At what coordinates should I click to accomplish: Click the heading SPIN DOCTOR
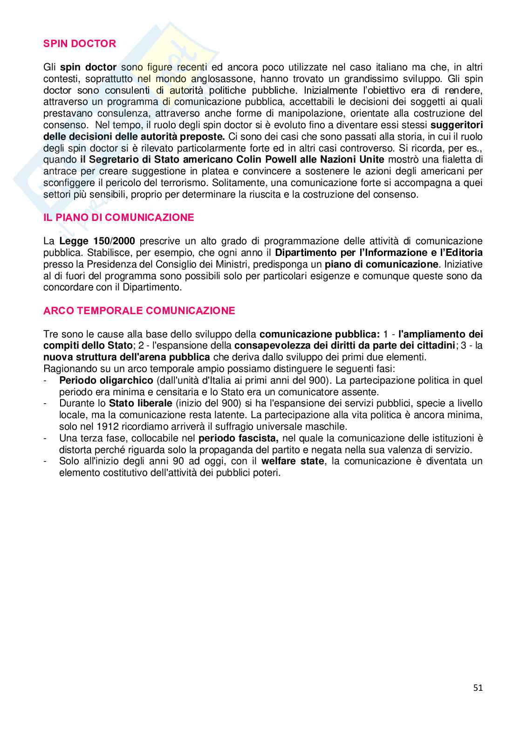tap(80, 44)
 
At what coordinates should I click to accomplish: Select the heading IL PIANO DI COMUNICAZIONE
tap(119, 218)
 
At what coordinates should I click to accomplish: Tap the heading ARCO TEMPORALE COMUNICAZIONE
tap(139, 311)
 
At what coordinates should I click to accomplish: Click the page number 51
tap(478, 688)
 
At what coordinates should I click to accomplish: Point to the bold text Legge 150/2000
tap(97, 241)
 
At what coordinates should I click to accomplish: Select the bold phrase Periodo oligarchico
tap(106, 380)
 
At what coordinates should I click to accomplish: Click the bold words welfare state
tap(293, 461)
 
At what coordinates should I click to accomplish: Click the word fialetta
tap(445, 160)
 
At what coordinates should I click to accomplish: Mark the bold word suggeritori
tap(457, 125)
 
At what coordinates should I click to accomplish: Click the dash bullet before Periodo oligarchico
tap(45, 380)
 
